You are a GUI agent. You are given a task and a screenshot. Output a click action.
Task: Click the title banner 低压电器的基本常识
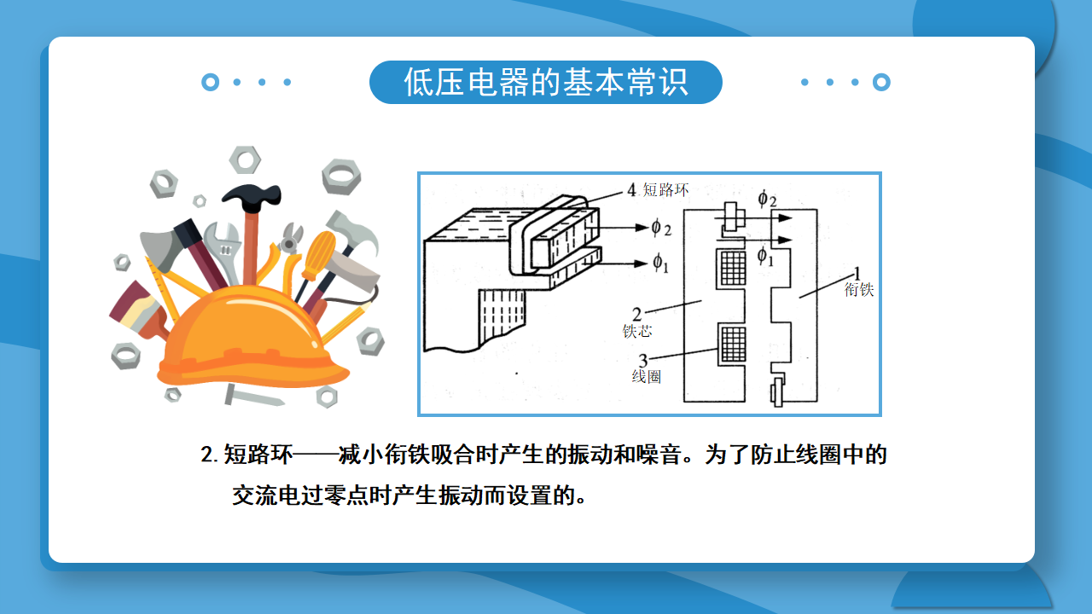pyautogui.click(x=545, y=82)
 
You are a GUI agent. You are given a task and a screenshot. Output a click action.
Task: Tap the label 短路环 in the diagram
pyautogui.click(x=665, y=189)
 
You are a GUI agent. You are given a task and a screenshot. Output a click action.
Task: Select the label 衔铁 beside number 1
pyautogui.click(x=859, y=289)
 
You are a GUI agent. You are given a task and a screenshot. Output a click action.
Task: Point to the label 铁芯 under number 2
pyautogui.click(x=637, y=331)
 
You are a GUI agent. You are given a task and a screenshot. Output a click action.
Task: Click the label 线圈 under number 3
pyautogui.click(x=647, y=376)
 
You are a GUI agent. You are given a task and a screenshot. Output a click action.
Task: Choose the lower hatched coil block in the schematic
pyautogui.click(x=733, y=344)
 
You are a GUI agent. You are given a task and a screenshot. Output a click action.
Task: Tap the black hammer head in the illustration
pyautogui.click(x=252, y=195)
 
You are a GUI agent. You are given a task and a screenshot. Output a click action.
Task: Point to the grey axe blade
pyautogui.click(x=160, y=248)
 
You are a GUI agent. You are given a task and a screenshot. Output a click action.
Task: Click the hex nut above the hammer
pyautogui.click(x=245, y=159)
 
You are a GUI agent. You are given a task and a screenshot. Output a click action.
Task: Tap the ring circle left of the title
pyautogui.click(x=210, y=82)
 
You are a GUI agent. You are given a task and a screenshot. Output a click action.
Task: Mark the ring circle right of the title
pyautogui.click(x=881, y=82)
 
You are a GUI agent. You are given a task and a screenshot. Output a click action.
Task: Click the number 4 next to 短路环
pyautogui.click(x=632, y=189)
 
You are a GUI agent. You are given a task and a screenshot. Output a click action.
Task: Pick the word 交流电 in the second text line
pyautogui.click(x=266, y=495)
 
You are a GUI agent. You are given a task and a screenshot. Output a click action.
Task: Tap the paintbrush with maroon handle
pyautogui.click(x=139, y=310)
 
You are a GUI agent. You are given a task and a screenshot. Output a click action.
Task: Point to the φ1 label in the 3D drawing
pyautogui.click(x=660, y=264)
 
